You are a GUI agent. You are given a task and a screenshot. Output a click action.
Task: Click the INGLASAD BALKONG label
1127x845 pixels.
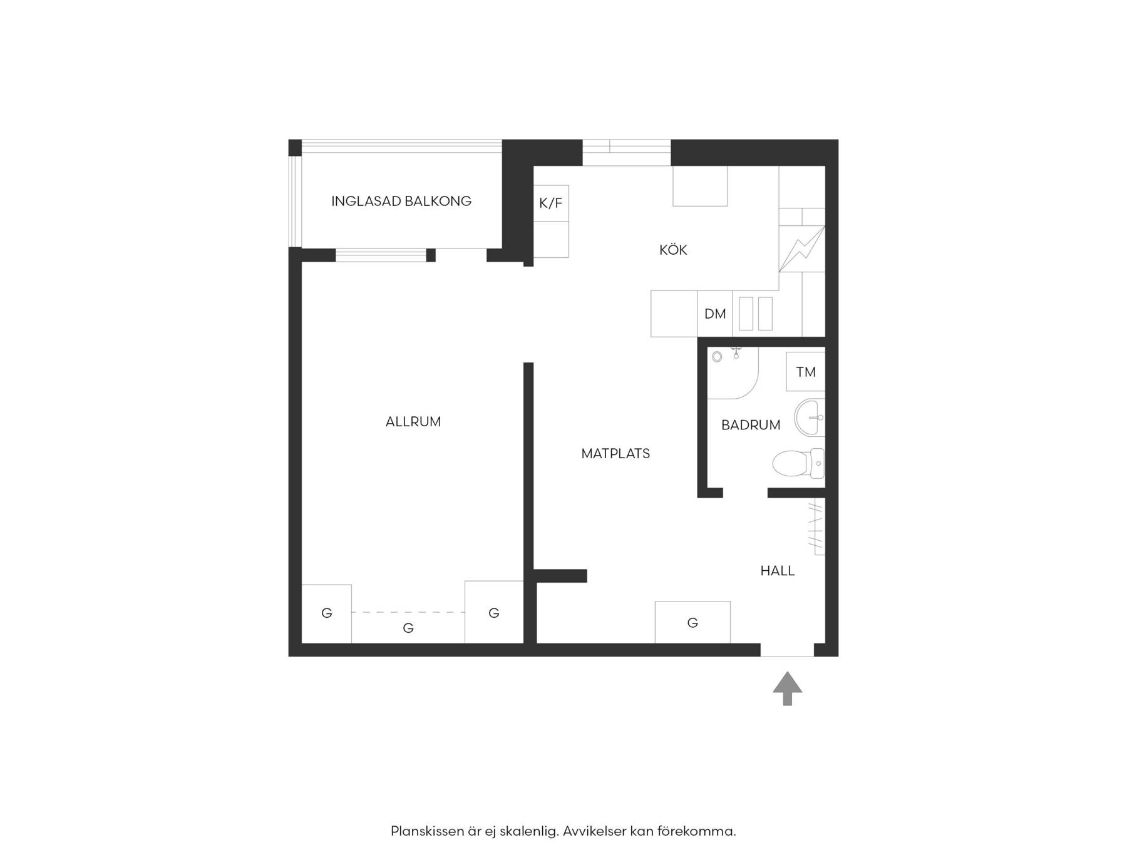[401, 201]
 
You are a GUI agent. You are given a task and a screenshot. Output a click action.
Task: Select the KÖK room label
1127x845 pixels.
[673, 250]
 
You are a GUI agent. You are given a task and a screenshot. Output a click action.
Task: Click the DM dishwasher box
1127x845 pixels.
[715, 314]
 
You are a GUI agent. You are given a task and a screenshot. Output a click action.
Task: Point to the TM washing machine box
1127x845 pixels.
[806, 372]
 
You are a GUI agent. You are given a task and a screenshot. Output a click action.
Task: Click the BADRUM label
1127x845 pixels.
[751, 425]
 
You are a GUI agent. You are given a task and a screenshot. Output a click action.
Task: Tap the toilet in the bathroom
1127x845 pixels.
[798, 464]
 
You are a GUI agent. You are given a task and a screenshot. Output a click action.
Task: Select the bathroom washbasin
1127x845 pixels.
[810, 417]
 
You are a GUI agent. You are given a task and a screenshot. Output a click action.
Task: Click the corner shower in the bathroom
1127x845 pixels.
[733, 373]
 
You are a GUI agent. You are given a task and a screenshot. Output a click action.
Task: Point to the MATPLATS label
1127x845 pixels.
[615, 453]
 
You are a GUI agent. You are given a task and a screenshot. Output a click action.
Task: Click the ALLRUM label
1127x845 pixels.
[413, 422]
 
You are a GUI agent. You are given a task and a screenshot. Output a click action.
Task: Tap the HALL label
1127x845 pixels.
[778, 570]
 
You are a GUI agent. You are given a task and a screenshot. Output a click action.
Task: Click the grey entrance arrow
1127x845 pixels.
[788, 689]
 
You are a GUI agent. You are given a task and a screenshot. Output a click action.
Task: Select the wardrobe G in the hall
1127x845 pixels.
[692, 622]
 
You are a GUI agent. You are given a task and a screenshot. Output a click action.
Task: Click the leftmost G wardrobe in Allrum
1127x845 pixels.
[326, 613]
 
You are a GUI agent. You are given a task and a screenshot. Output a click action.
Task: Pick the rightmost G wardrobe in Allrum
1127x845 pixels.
[494, 612]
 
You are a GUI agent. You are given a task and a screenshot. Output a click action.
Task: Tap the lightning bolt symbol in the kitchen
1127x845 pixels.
[801, 249]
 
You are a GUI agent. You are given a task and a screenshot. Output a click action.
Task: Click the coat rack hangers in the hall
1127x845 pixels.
[816, 526]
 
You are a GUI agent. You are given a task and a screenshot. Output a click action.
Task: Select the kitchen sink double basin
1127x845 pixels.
[756, 314]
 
